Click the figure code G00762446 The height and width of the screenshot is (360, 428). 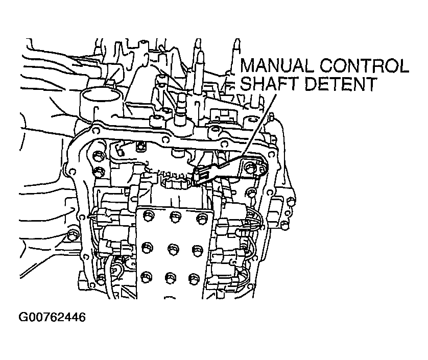click(51, 317)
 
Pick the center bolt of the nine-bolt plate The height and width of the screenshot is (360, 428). click(172, 249)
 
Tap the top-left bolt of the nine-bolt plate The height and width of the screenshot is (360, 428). click(148, 214)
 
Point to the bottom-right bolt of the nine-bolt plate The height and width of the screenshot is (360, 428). click(193, 279)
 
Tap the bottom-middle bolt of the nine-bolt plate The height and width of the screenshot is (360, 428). click(169, 279)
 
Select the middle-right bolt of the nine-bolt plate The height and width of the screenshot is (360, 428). click(195, 250)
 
